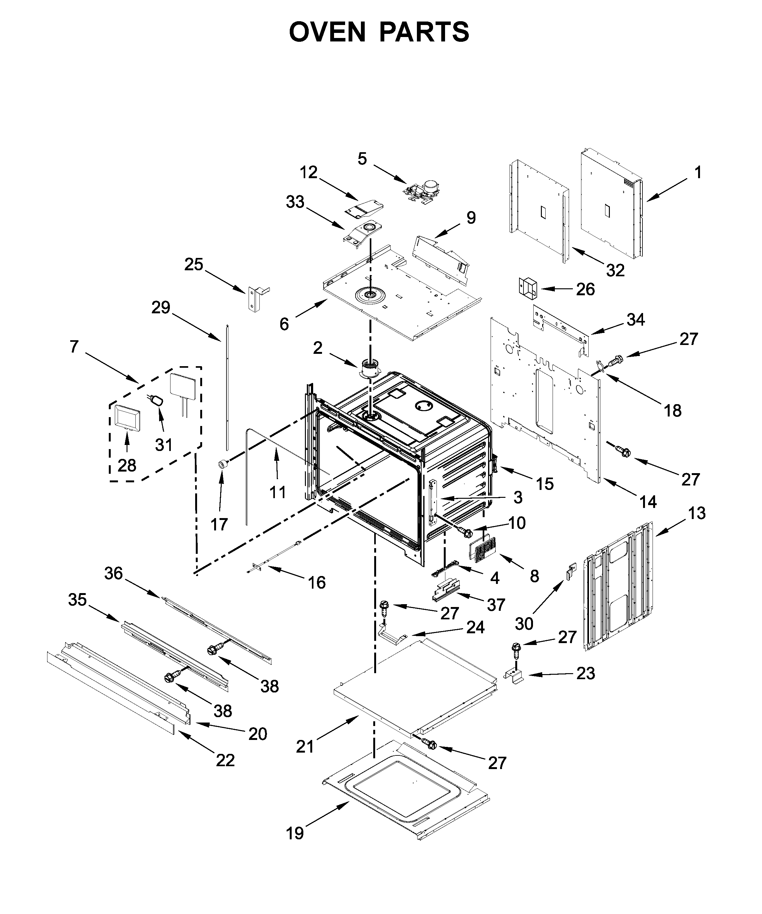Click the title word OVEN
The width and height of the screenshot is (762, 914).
point(327,32)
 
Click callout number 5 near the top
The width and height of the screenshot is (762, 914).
point(362,159)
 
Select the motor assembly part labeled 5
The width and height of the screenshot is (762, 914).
point(423,191)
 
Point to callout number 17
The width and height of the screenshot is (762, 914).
point(219,524)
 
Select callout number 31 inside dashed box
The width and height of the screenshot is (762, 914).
point(164,445)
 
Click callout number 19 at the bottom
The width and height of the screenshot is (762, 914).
point(295,834)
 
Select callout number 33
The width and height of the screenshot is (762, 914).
point(295,202)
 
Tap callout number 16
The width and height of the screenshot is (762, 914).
point(317,582)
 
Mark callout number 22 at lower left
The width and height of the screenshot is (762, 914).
point(225,761)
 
